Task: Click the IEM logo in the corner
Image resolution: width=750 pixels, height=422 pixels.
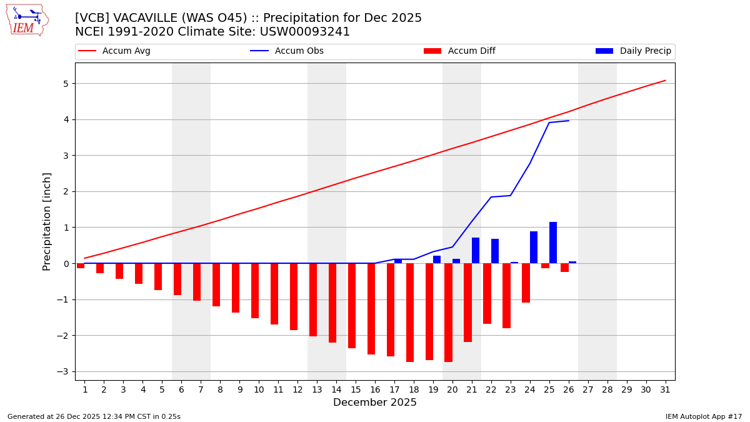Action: pos(27,20)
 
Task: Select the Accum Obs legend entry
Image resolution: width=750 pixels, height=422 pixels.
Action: pos(287,51)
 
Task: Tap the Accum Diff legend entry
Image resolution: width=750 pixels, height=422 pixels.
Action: pos(459,51)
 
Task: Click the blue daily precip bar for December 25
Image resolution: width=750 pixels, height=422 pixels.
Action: pos(553,243)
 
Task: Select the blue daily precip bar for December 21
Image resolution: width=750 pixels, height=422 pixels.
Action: pos(476,250)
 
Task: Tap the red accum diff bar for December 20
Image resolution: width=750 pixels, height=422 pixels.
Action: pos(448,313)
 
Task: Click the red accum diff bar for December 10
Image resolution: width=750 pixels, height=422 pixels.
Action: pos(255,291)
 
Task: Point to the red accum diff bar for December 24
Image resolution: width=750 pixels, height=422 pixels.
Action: pos(526,283)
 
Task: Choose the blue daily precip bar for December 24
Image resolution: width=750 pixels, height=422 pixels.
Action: pos(534,247)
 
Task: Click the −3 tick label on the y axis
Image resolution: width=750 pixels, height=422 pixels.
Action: pos(62,371)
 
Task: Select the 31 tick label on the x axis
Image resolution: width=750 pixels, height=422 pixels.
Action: pos(665,389)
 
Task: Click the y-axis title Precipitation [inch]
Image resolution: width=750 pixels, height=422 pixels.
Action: pos(47,221)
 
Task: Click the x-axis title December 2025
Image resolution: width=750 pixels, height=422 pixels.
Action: pos(375,403)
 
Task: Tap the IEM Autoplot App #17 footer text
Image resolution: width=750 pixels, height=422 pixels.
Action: pos(704,416)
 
